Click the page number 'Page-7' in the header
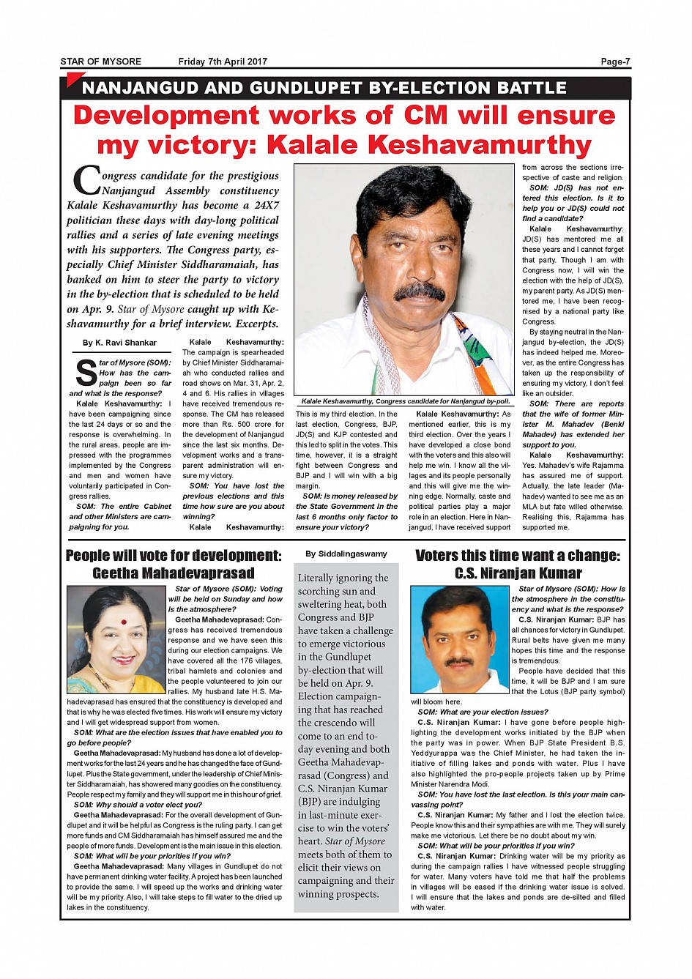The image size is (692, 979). [615, 62]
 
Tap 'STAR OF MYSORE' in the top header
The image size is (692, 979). [100, 62]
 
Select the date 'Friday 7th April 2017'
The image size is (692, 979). [223, 62]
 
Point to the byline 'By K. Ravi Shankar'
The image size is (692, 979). [119, 343]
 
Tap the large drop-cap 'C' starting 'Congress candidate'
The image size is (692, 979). [86, 182]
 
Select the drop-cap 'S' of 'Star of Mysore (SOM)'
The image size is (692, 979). [85, 372]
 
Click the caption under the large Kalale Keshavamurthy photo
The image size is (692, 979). [406, 401]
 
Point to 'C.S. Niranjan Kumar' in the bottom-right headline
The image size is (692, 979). [518, 573]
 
